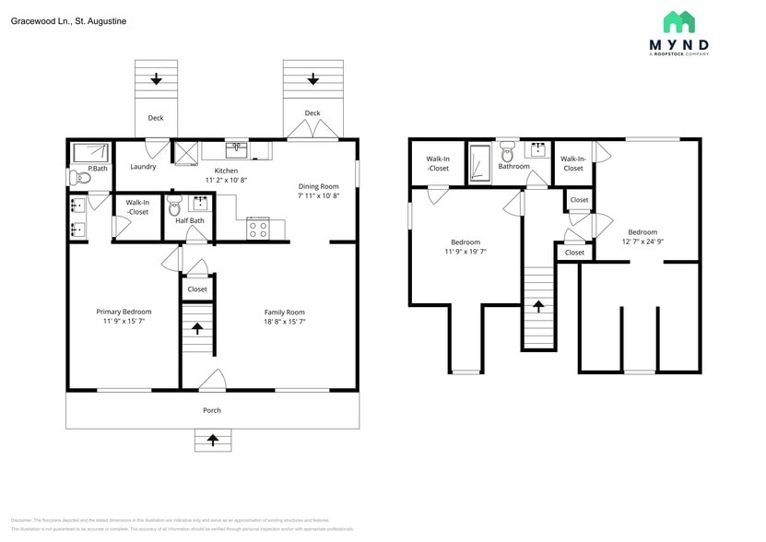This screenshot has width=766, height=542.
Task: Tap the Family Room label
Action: (284, 312)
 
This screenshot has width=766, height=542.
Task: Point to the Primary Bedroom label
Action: (124, 312)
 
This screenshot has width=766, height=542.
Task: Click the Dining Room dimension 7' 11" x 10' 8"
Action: (318, 195)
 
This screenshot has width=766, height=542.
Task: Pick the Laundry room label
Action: (143, 167)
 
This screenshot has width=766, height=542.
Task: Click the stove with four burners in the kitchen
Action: (257, 229)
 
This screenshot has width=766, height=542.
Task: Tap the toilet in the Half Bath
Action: (176, 208)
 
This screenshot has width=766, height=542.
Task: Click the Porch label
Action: (212, 410)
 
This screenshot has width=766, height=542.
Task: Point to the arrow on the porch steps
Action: (213, 441)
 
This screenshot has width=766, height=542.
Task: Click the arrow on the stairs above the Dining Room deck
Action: (312, 79)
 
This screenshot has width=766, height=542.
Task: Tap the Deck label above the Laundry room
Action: (156, 118)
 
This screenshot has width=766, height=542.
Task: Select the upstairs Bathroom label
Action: (513, 167)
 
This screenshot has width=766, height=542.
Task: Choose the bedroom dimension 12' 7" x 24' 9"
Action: (642, 242)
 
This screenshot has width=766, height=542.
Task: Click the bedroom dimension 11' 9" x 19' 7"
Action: (465, 251)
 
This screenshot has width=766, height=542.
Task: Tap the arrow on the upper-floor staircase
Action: (538, 305)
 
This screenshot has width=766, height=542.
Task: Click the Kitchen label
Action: (226, 171)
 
